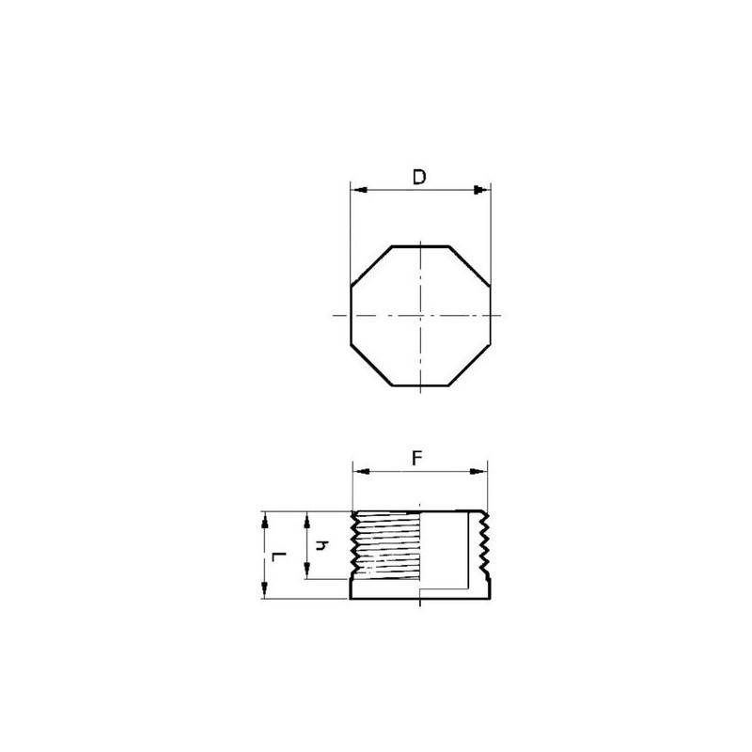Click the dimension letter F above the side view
pos(419,458)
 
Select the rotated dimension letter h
pos(321,545)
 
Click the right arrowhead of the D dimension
pos(484,191)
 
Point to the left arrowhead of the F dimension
pos(358,471)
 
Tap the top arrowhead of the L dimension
pos(266,518)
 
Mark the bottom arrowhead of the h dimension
pos(307,573)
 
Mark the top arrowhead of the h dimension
pos(307,518)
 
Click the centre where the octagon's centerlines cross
pos(421,316)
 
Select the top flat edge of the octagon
pos(420,246)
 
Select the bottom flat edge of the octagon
pos(420,385)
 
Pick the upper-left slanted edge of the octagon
pos(370,265)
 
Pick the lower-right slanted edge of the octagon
pos(471,366)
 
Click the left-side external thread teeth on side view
pos(354,545)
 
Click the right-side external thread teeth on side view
pos(485,545)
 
